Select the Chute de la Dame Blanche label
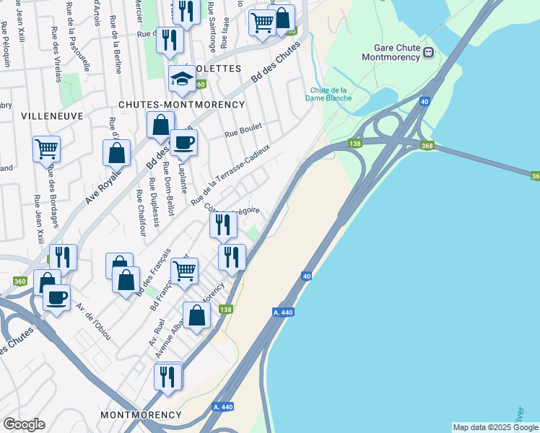tap(330, 94)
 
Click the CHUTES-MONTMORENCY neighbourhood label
tap(182, 105)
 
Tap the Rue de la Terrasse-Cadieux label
tap(230, 173)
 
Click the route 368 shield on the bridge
tap(428, 146)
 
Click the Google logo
tap(24, 424)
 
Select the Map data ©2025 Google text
tap(495, 427)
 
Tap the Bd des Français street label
tap(160, 268)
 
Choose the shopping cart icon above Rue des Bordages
tap(46, 149)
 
